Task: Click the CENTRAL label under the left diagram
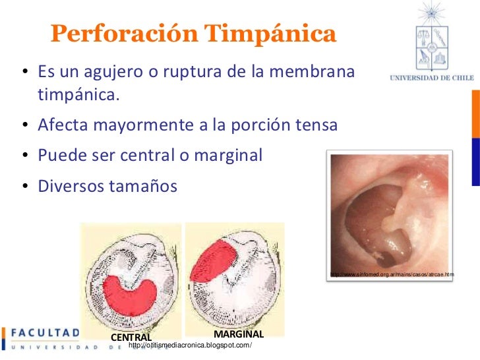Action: pos(131,338)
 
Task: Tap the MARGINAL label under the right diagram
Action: pos(239,334)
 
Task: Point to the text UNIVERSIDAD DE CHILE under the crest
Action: pos(432,78)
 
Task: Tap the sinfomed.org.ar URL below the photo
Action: pos(392,274)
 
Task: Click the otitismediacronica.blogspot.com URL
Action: pos(191,346)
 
